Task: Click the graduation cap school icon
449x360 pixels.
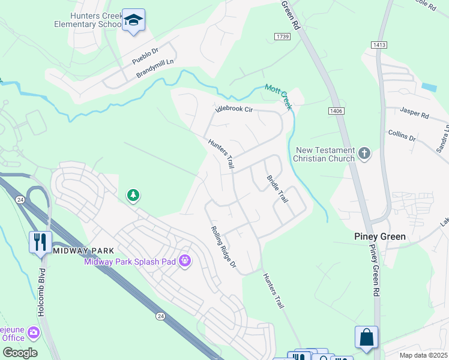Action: click(133, 20)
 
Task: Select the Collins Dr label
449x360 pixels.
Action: click(402, 135)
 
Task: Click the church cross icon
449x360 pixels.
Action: click(364, 154)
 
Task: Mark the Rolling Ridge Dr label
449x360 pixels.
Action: click(223, 247)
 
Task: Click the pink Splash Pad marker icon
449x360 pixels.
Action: click(184, 260)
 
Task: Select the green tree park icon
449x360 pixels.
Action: click(133, 195)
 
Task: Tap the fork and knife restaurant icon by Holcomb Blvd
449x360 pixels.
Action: click(40, 242)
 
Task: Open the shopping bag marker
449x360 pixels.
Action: click(366, 337)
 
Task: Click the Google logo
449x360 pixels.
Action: click(20, 353)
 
